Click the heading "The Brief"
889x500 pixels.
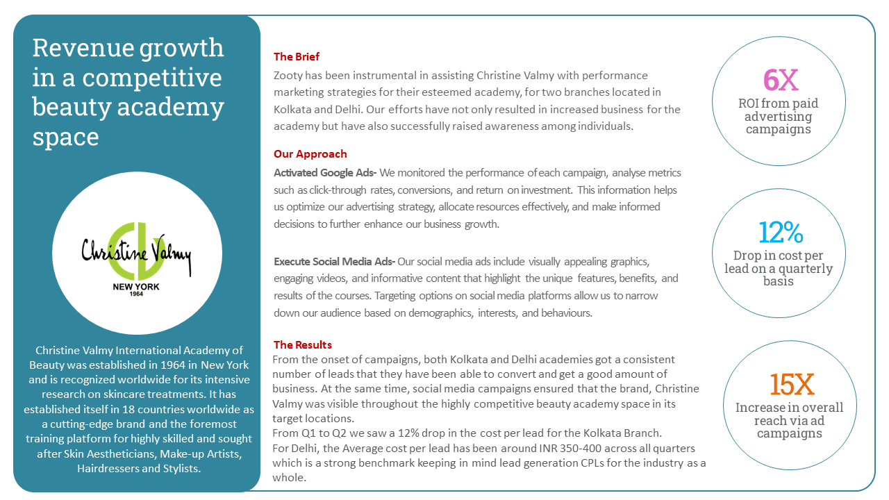point(297,57)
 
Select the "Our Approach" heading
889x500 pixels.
point(310,154)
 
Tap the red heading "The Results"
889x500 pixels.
point(302,344)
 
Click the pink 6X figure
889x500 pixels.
point(781,80)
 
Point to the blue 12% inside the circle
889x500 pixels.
point(781,233)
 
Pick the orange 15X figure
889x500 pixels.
point(791,384)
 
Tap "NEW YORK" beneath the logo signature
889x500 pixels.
point(137,285)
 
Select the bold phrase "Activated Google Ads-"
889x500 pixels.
point(325,173)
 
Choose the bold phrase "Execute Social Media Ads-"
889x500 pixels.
point(334,262)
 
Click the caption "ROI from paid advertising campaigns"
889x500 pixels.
point(778,116)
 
